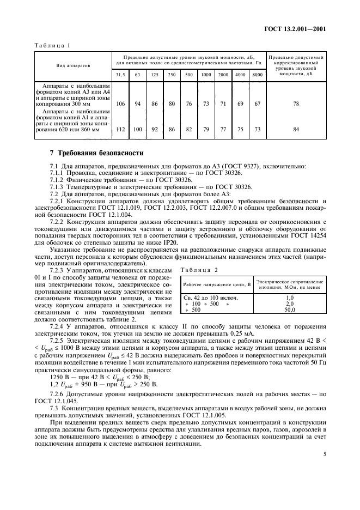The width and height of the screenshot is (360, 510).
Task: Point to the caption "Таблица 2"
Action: (194, 270)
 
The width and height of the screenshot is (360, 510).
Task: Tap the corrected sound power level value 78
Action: (296, 103)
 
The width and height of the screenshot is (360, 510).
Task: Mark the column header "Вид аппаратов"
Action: (73, 65)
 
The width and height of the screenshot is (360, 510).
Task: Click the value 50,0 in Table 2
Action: (289, 309)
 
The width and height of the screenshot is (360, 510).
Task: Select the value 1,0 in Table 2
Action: (289, 298)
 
